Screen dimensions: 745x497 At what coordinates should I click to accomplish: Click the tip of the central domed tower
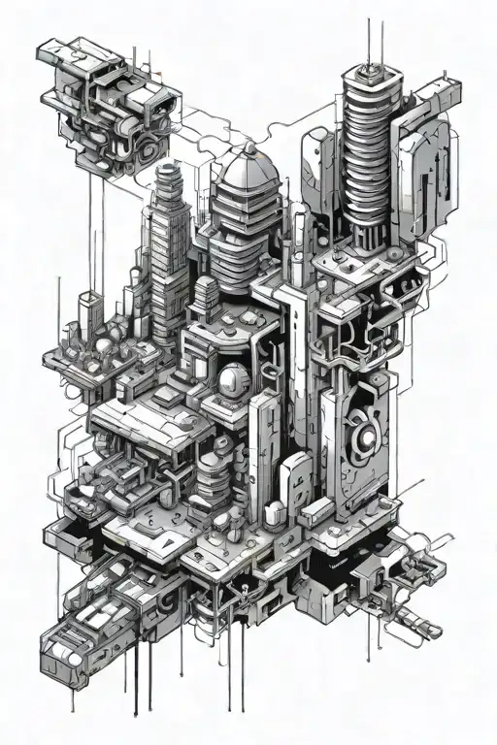[x=250, y=146]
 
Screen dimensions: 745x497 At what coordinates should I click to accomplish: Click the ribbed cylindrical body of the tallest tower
[x=372, y=146]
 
